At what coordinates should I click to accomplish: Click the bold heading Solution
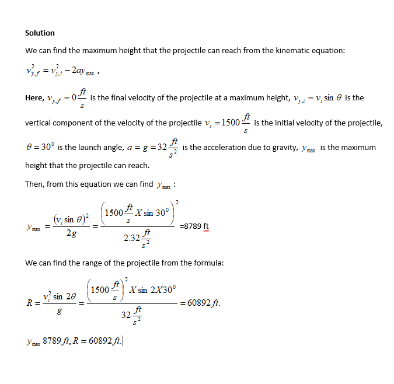coord(40,33)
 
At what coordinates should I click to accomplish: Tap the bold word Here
coord(34,98)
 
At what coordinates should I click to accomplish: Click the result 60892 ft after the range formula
coord(201,303)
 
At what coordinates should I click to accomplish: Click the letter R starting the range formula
coord(29,303)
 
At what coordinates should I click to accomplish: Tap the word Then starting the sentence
coord(34,184)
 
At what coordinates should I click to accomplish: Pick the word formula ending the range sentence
coord(209,263)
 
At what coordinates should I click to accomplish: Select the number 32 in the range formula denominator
coord(125,315)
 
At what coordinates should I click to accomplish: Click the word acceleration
coord(234,148)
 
